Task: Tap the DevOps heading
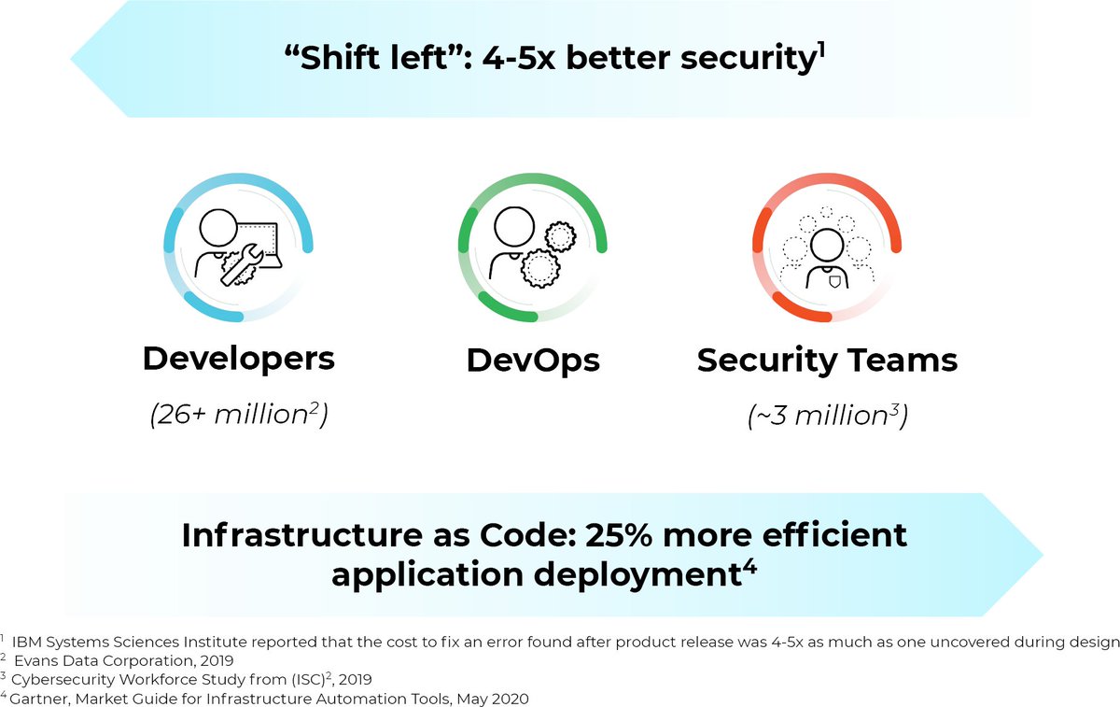tap(533, 361)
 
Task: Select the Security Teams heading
tap(827, 361)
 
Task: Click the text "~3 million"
tap(820, 414)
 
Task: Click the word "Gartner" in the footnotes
tap(38, 697)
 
